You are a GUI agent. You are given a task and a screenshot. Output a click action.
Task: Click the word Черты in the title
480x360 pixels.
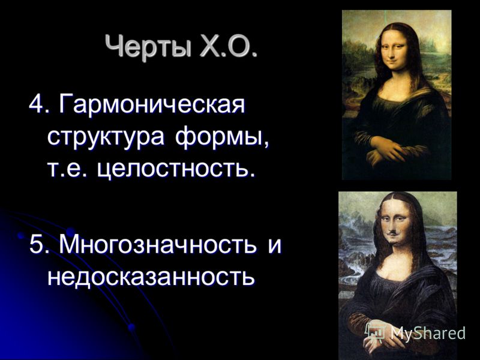149,46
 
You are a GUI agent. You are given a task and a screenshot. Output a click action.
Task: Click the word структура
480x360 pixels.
106,137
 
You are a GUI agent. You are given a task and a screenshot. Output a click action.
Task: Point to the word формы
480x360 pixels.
222,137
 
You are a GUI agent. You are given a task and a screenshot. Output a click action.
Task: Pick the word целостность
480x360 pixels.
176,169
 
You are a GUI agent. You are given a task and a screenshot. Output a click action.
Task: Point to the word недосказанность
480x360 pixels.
151,277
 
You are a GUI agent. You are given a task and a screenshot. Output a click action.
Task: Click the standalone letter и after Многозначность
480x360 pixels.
274,246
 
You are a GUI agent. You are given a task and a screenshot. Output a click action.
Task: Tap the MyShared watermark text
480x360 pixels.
428,333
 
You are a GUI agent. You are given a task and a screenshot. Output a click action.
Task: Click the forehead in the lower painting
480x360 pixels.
394,208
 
